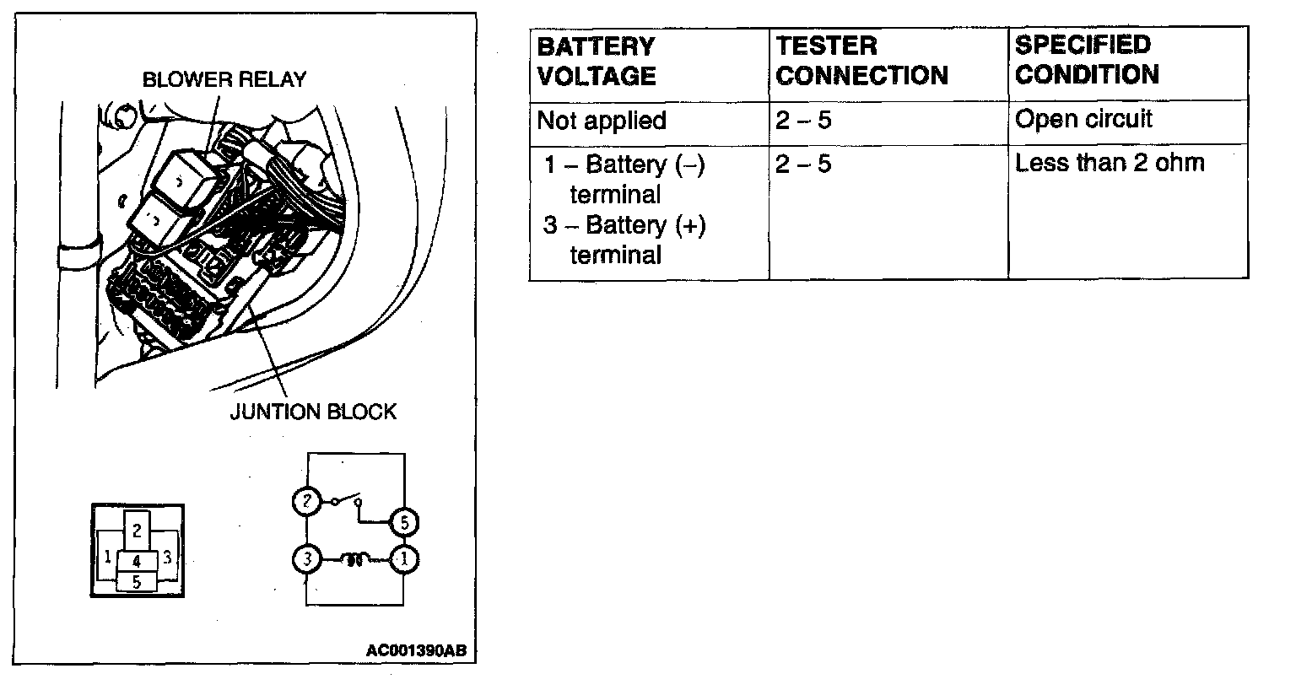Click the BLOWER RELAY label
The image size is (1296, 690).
coord(224,79)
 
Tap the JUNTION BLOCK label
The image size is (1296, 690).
coord(313,412)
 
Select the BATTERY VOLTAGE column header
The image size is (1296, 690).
coord(597,61)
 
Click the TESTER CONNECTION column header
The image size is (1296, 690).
coord(861,61)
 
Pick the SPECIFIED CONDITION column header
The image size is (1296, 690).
coord(1087,60)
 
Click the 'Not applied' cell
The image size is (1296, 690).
coord(602,121)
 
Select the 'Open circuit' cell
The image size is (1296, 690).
coord(1083,119)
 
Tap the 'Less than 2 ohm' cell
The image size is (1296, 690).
coord(1110,163)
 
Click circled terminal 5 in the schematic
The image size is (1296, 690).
coord(404,523)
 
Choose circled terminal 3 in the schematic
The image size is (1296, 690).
coord(305,558)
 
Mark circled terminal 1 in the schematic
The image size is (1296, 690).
coord(404,558)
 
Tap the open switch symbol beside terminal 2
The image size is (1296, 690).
coord(347,499)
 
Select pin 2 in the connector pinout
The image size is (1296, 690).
coord(137,531)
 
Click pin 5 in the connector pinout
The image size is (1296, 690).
coord(137,581)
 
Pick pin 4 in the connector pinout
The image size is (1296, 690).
coord(137,561)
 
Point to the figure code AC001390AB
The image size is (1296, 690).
coord(416,651)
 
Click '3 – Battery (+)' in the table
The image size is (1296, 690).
coord(624,225)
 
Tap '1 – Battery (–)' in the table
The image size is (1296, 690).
coord(624,164)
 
